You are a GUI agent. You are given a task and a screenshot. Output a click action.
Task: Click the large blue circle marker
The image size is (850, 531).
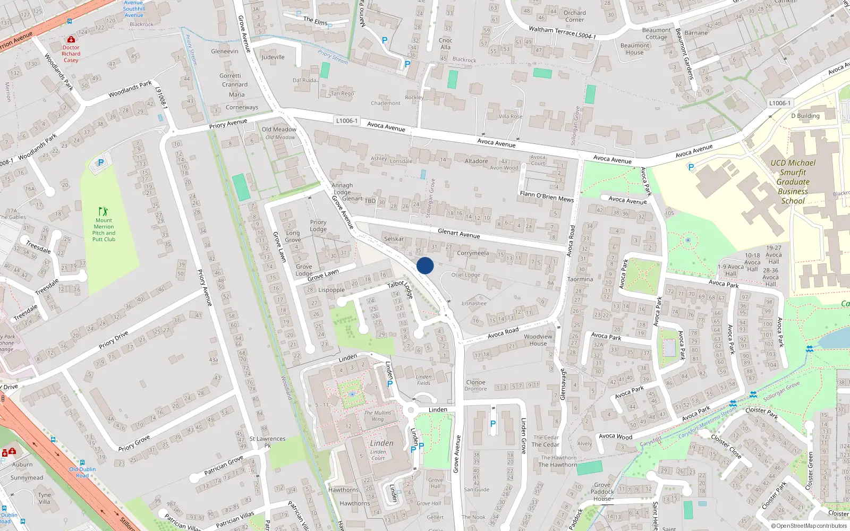(425, 265)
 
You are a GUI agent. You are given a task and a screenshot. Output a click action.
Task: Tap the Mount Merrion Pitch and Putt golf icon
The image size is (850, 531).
(104, 211)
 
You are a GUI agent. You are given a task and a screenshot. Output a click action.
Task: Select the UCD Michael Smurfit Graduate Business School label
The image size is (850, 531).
(793, 182)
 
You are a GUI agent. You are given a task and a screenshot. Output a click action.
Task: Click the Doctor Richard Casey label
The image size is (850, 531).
(71, 54)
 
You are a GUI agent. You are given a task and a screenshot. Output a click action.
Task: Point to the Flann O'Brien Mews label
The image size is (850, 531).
(547, 196)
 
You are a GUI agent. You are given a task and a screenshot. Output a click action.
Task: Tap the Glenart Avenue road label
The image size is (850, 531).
(458, 233)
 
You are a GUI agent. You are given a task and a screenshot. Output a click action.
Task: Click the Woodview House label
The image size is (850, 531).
(538, 340)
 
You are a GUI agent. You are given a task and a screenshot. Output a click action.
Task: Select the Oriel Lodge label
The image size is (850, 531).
(465, 275)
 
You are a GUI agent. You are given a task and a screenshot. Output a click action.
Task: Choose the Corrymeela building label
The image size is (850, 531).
(472, 253)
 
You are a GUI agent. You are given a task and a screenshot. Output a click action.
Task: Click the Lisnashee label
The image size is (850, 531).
(474, 304)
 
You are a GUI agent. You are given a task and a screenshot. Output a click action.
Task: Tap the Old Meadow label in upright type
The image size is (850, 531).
(279, 130)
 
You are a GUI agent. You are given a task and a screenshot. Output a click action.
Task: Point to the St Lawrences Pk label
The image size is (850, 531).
(268, 442)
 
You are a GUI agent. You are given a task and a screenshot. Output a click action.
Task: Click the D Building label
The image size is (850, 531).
(805, 116)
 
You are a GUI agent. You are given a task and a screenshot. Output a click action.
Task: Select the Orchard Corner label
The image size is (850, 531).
(574, 16)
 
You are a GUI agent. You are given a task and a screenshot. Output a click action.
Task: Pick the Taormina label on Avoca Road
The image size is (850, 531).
(580, 279)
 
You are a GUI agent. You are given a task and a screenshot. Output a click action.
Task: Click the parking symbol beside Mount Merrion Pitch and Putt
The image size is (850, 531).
(101, 162)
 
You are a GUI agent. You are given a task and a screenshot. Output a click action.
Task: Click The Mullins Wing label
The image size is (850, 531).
(378, 416)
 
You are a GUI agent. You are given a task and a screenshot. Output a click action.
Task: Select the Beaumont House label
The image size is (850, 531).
(634, 49)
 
